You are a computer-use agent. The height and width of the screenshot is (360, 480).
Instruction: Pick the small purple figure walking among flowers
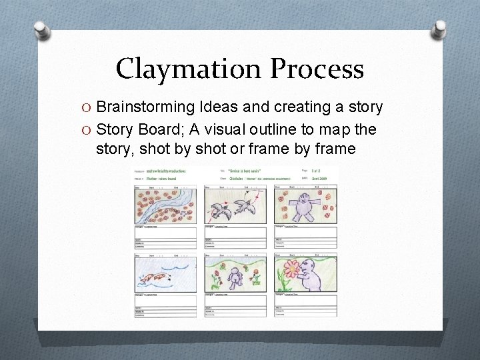coord(234,276)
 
